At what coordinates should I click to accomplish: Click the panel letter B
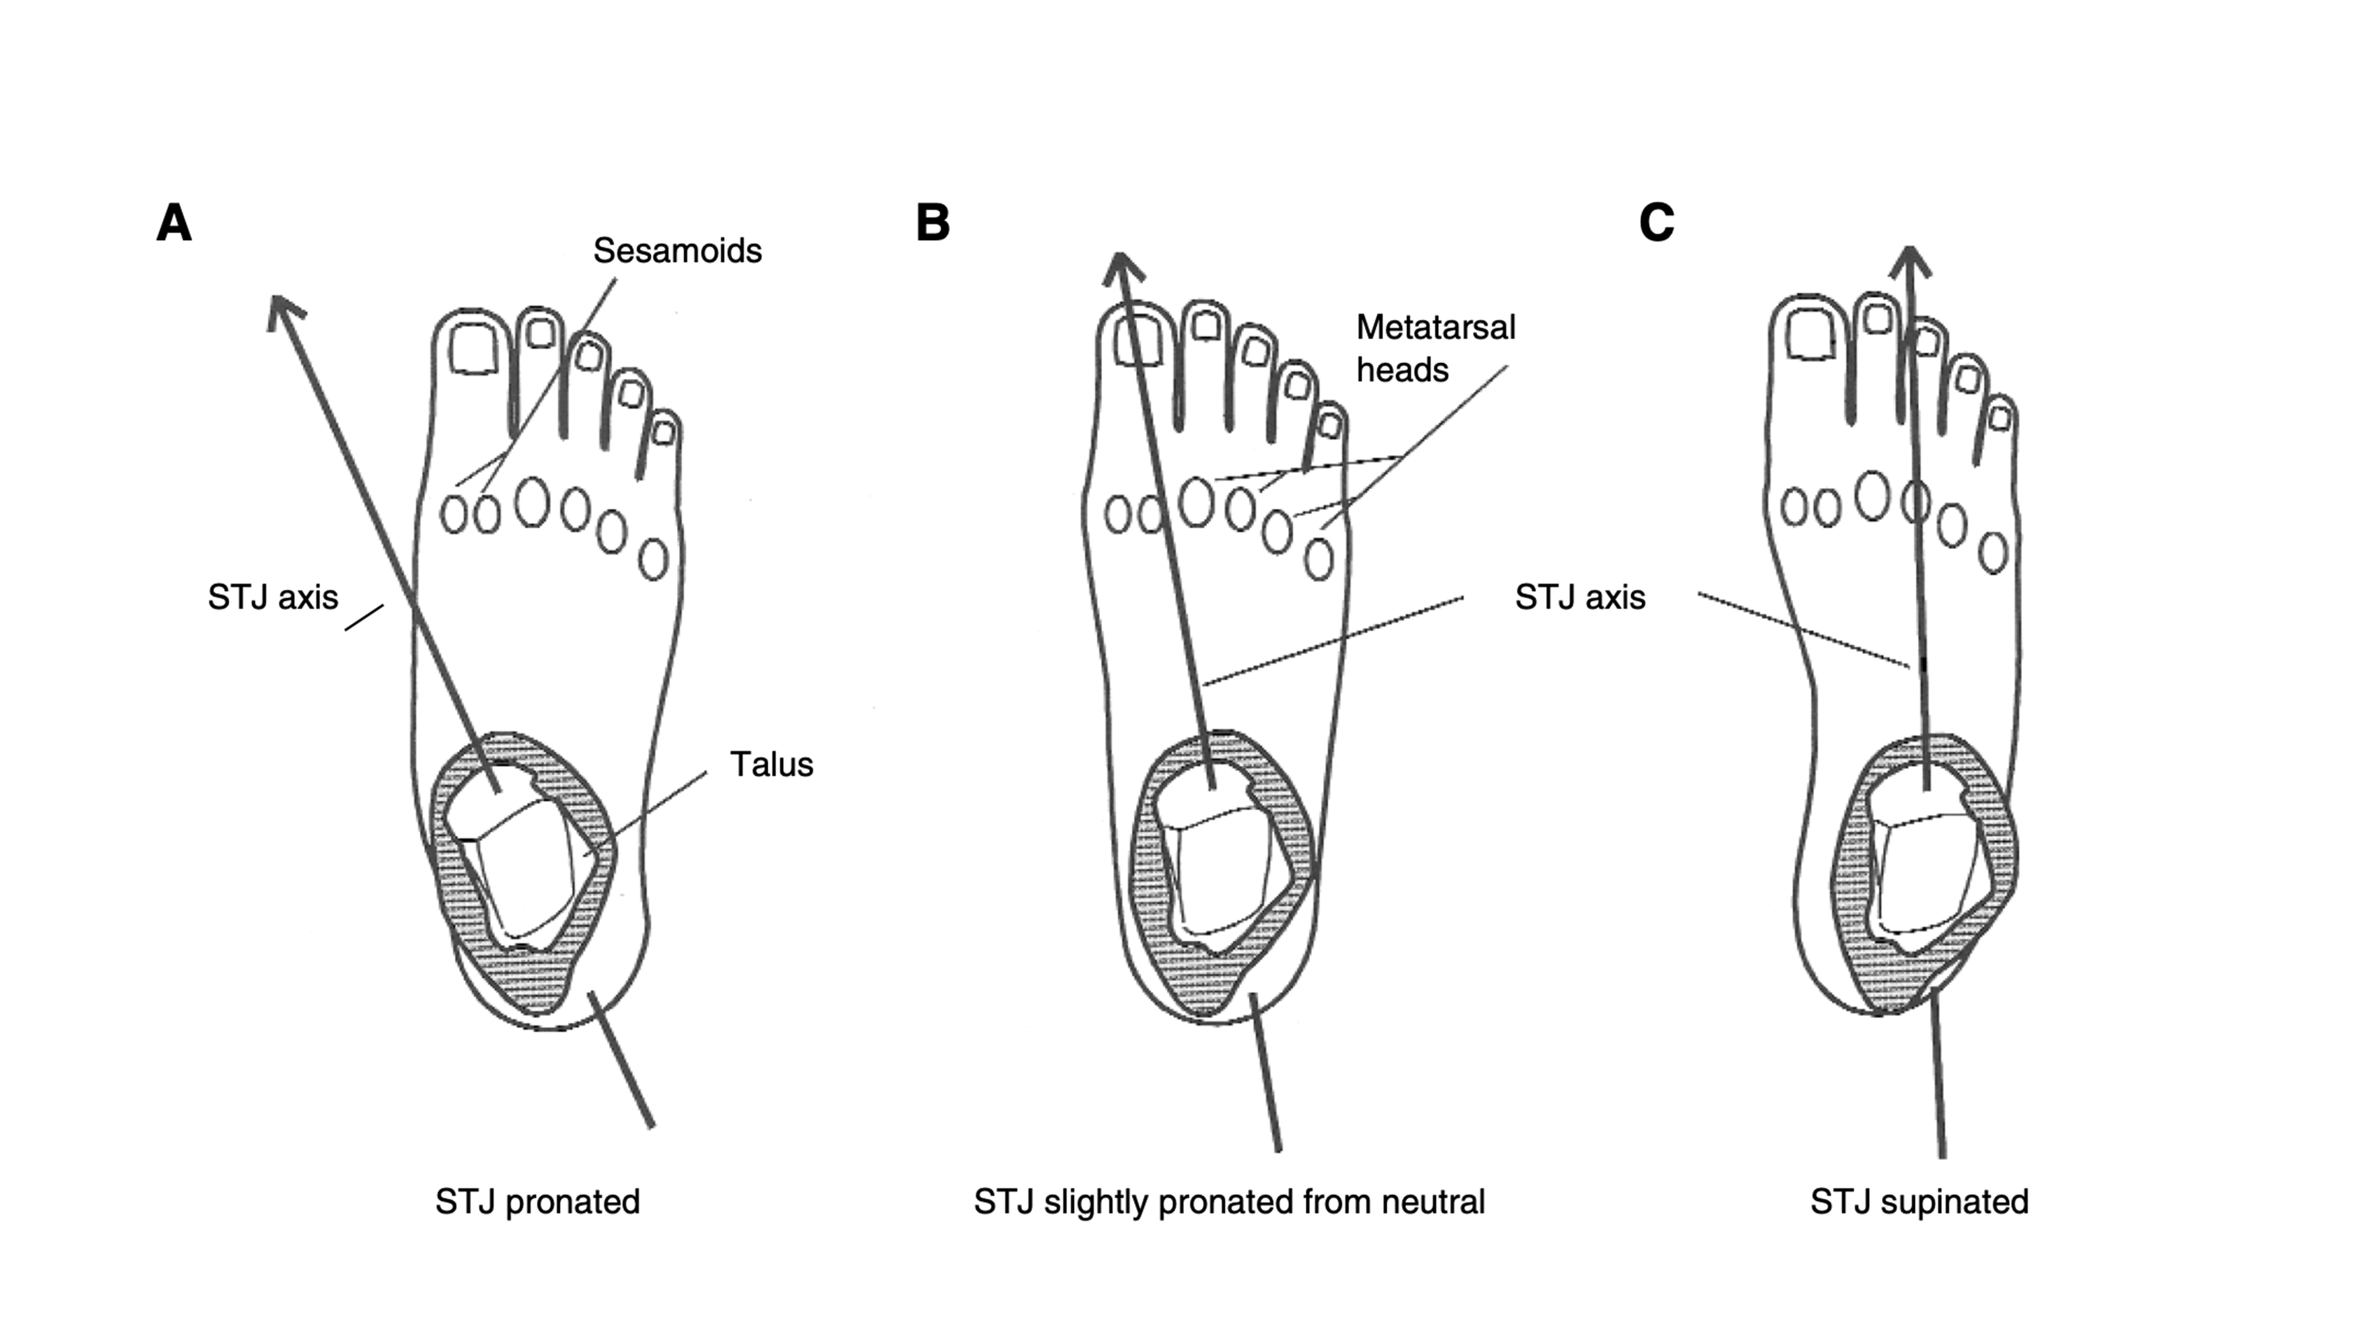click(933, 223)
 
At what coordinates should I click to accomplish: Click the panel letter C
click(1656, 223)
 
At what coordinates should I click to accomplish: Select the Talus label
click(771, 764)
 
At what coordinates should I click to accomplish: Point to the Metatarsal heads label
click(1435, 348)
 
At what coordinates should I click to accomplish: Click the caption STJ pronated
click(537, 1202)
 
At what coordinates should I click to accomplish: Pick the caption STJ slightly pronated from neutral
click(1229, 1202)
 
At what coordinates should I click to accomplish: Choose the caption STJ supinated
click(1919, 1202)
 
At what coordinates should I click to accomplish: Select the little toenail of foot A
click(665, 432)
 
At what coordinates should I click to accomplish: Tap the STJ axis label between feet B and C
click(1580, 597)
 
